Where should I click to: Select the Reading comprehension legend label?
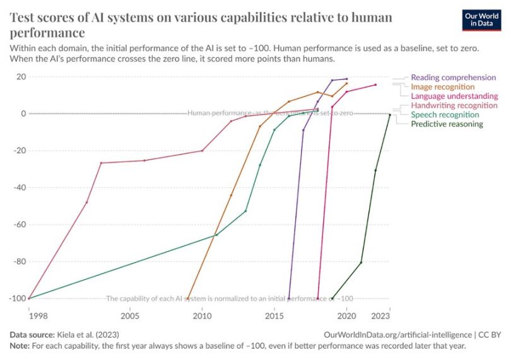[x=453, y=78]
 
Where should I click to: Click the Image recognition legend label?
[x=442, y=87]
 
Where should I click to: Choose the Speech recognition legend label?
[x=445, y=115]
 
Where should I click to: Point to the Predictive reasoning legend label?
[x=447, y=124]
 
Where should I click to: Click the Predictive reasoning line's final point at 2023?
[x=390, y=115]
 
